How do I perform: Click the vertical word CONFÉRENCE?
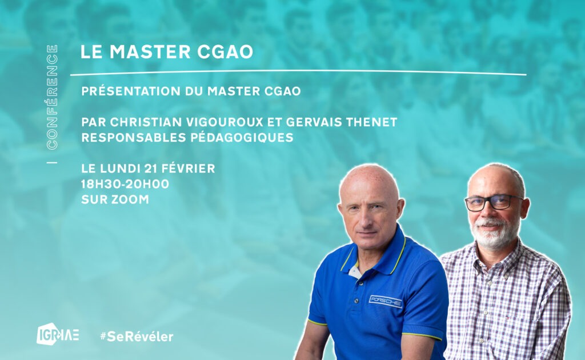click(x=52, y=97)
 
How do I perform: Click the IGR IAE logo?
click(x=58, y=334)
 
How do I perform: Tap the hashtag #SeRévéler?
click(x=136, y=336)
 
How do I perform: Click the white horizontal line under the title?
click(x=303, y=73)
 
